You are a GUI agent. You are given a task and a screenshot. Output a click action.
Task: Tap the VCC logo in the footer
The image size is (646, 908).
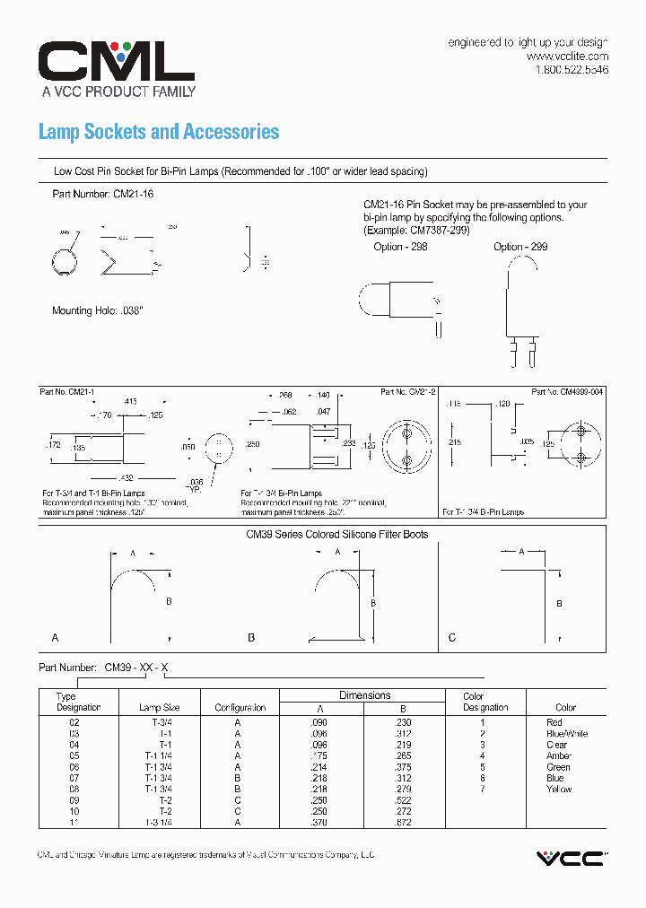(570, 859)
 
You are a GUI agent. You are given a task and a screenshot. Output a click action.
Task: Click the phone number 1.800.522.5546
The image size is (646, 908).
(572, 70)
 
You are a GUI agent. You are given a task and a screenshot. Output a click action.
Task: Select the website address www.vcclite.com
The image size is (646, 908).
(567, 56)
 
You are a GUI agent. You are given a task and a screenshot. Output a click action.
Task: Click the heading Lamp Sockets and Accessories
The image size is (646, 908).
(159, 132)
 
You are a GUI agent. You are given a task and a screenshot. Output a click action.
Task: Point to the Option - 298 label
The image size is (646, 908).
(399, 247)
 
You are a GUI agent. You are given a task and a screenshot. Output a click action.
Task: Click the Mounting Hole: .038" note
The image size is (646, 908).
(98, 310)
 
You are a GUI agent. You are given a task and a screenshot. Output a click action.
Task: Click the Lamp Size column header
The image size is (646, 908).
(159, 708)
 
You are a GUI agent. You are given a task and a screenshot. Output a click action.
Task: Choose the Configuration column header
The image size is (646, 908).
(240, 708)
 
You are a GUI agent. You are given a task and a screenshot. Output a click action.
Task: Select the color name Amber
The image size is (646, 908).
(558, 756)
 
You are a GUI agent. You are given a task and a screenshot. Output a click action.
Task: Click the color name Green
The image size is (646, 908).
(558, 767)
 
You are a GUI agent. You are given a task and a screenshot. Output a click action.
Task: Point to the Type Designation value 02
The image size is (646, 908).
(74, 722)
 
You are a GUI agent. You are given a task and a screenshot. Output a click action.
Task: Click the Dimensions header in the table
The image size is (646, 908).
(364, 695)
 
